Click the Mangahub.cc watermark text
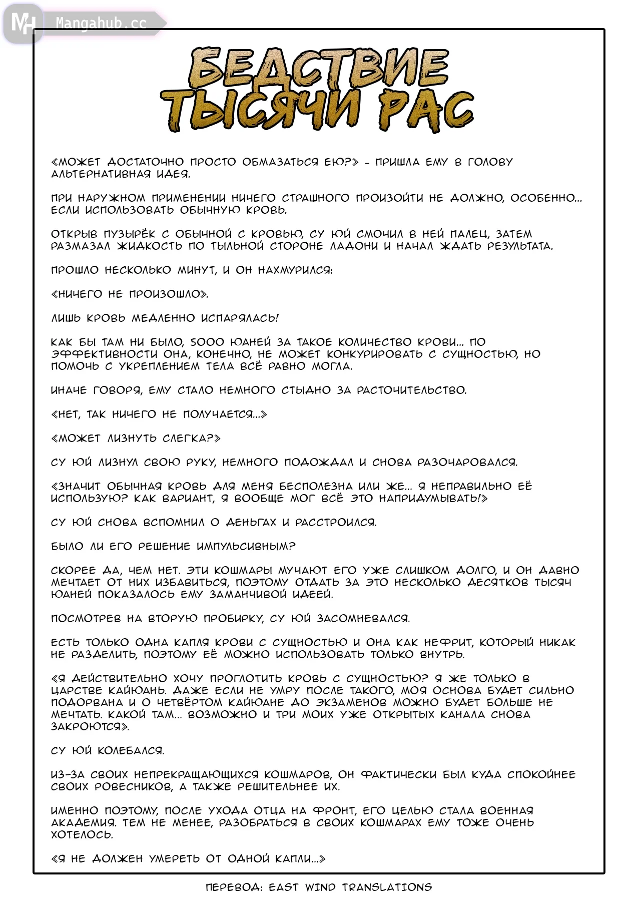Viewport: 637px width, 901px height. (101, 23)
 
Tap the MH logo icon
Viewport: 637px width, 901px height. (23, 23)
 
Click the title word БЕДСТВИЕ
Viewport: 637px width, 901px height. (319, 68)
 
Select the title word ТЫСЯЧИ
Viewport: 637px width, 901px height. (261, 110)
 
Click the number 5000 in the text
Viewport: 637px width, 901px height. (207, 342)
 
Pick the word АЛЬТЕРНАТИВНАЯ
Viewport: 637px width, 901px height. (94, 174)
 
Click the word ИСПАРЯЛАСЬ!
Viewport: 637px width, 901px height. (240, 318)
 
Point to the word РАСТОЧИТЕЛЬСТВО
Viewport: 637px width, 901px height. (411, 390)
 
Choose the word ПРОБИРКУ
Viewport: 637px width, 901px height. (233, 619)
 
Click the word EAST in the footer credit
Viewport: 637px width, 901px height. (284, 887)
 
